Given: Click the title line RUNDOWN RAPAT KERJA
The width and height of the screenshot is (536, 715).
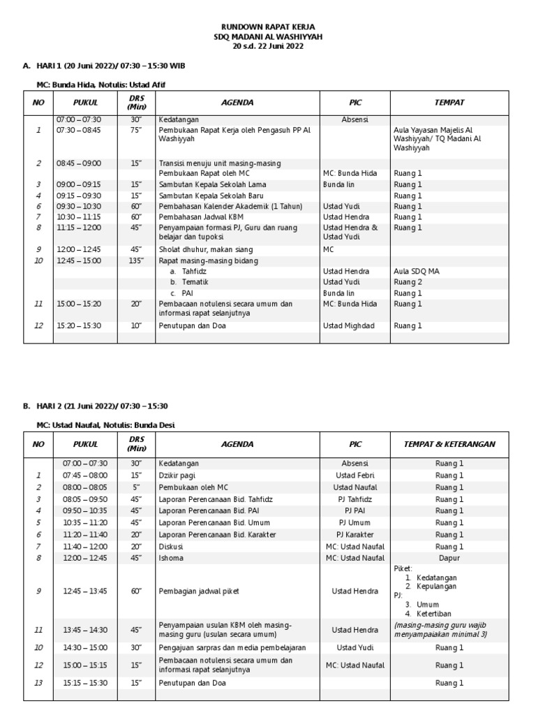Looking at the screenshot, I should (x=268, y=27).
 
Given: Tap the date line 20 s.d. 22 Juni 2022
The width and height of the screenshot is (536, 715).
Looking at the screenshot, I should (x=268, y=46).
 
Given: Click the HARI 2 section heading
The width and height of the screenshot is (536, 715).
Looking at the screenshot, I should (x=100, y=406).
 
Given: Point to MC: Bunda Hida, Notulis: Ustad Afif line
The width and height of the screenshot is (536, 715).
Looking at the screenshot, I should (x=101, y=84).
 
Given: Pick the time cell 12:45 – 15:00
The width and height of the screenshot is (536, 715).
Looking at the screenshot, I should (x=79, y=260).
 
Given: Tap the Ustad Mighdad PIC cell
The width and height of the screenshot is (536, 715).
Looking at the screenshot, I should (x=350, y=325).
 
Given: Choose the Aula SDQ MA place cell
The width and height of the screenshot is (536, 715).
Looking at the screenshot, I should (x=417, y=271).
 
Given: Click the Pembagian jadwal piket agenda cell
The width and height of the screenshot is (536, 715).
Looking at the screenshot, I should (x=200, y=591).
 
